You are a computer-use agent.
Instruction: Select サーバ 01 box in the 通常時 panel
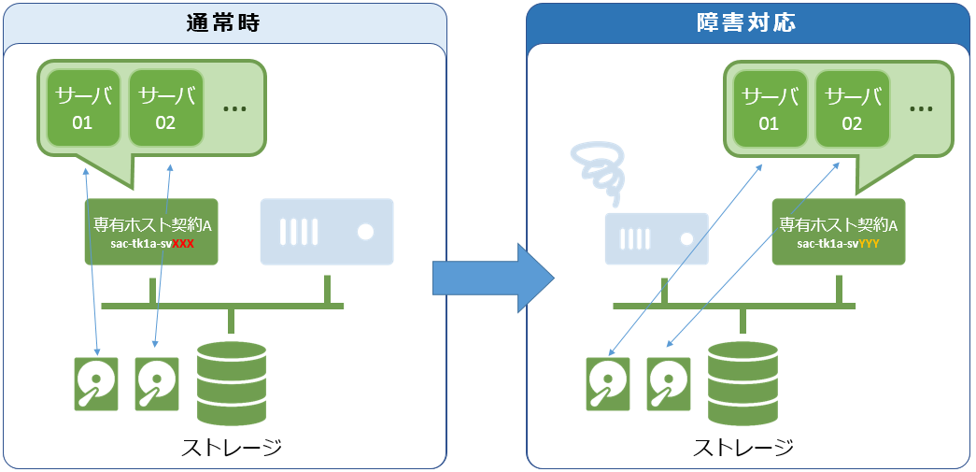pos(82,107)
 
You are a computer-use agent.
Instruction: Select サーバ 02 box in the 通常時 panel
pos(165,107)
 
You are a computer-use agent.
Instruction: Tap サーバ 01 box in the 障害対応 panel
pos(769,108)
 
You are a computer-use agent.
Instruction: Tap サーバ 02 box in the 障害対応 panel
pos(852,108)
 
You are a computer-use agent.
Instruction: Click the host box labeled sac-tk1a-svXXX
pos(150,231)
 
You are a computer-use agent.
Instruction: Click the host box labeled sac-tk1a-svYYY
pos(838,231)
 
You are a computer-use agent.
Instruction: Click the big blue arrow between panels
pos(493,277)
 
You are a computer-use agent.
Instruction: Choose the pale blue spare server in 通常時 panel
pos(326,230)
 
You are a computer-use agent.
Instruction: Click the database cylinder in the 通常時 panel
pos(232,383)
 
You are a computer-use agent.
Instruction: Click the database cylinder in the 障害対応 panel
pos(743,383)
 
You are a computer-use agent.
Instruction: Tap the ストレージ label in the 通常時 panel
pos(232,446)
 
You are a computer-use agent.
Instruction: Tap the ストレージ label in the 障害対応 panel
pos(743,446)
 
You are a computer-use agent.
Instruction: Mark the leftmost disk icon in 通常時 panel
pos(96,383)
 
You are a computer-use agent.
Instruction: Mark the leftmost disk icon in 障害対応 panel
pos(608,383)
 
